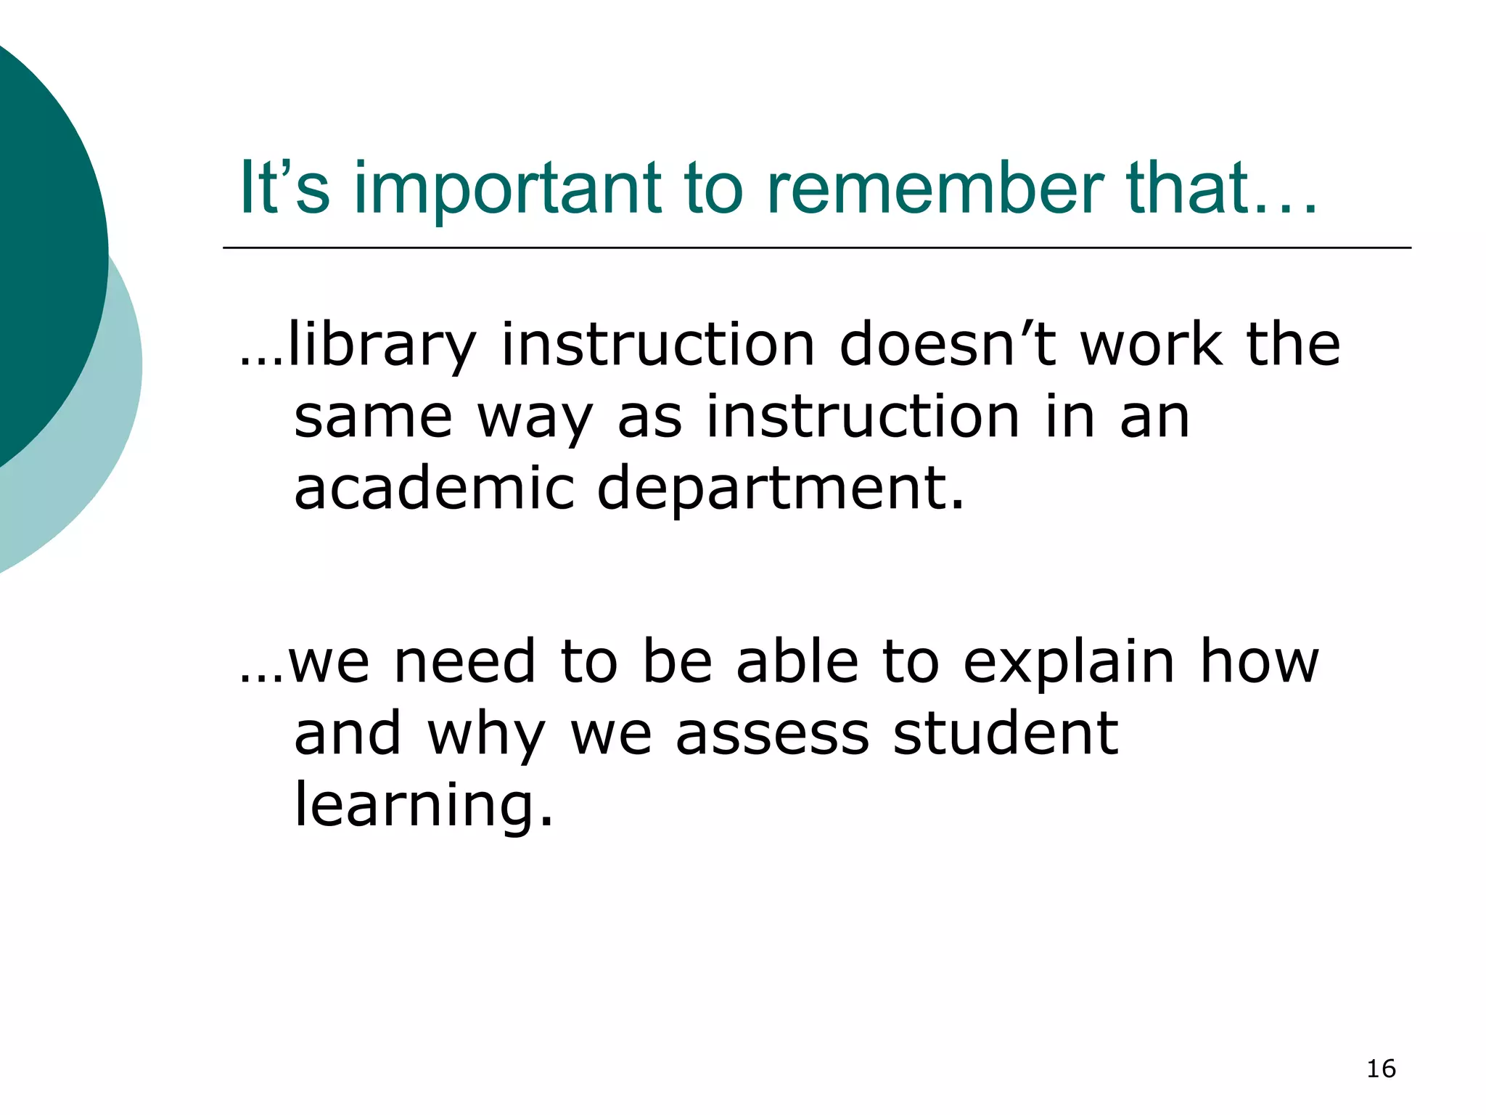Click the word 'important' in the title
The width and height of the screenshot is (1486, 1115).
coord(508,190)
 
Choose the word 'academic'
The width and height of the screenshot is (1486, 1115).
coord(434,488)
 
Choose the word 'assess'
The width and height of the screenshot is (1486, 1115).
coord(772,735)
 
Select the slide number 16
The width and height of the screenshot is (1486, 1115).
coord(1381,1069)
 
